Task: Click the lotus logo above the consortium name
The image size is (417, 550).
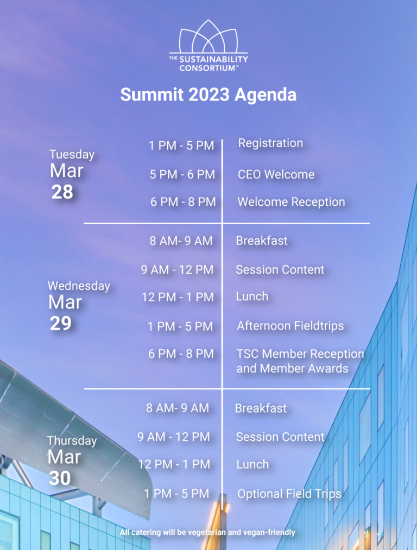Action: point(208,36)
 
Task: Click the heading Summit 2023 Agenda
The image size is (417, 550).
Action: point(208,94)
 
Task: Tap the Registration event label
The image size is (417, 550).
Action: point(270,143)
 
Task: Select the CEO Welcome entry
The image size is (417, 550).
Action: point(276,174)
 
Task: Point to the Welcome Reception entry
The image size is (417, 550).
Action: point(291,202)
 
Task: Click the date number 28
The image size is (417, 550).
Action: point(62,192)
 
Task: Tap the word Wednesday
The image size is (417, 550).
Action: point(79,286)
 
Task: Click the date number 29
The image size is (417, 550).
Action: point(60,324)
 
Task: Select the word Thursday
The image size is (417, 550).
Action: point(72,440)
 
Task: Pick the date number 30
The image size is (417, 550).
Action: point(60,478)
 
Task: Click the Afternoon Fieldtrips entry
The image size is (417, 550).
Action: point(290,326)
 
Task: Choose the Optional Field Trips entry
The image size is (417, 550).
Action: point(289,494)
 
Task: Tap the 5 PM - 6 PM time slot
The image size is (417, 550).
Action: point(182,174)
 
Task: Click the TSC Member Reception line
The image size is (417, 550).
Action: point(300,354)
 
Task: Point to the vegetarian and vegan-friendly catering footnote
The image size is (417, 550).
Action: point(207,533)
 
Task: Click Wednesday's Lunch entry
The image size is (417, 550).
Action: point(252,296)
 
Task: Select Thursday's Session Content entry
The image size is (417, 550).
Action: point(280,437)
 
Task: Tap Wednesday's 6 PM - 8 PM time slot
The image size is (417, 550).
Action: point(181,354)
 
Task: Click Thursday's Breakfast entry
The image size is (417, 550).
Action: point(261,408)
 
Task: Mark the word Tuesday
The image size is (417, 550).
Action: point(72,155)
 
